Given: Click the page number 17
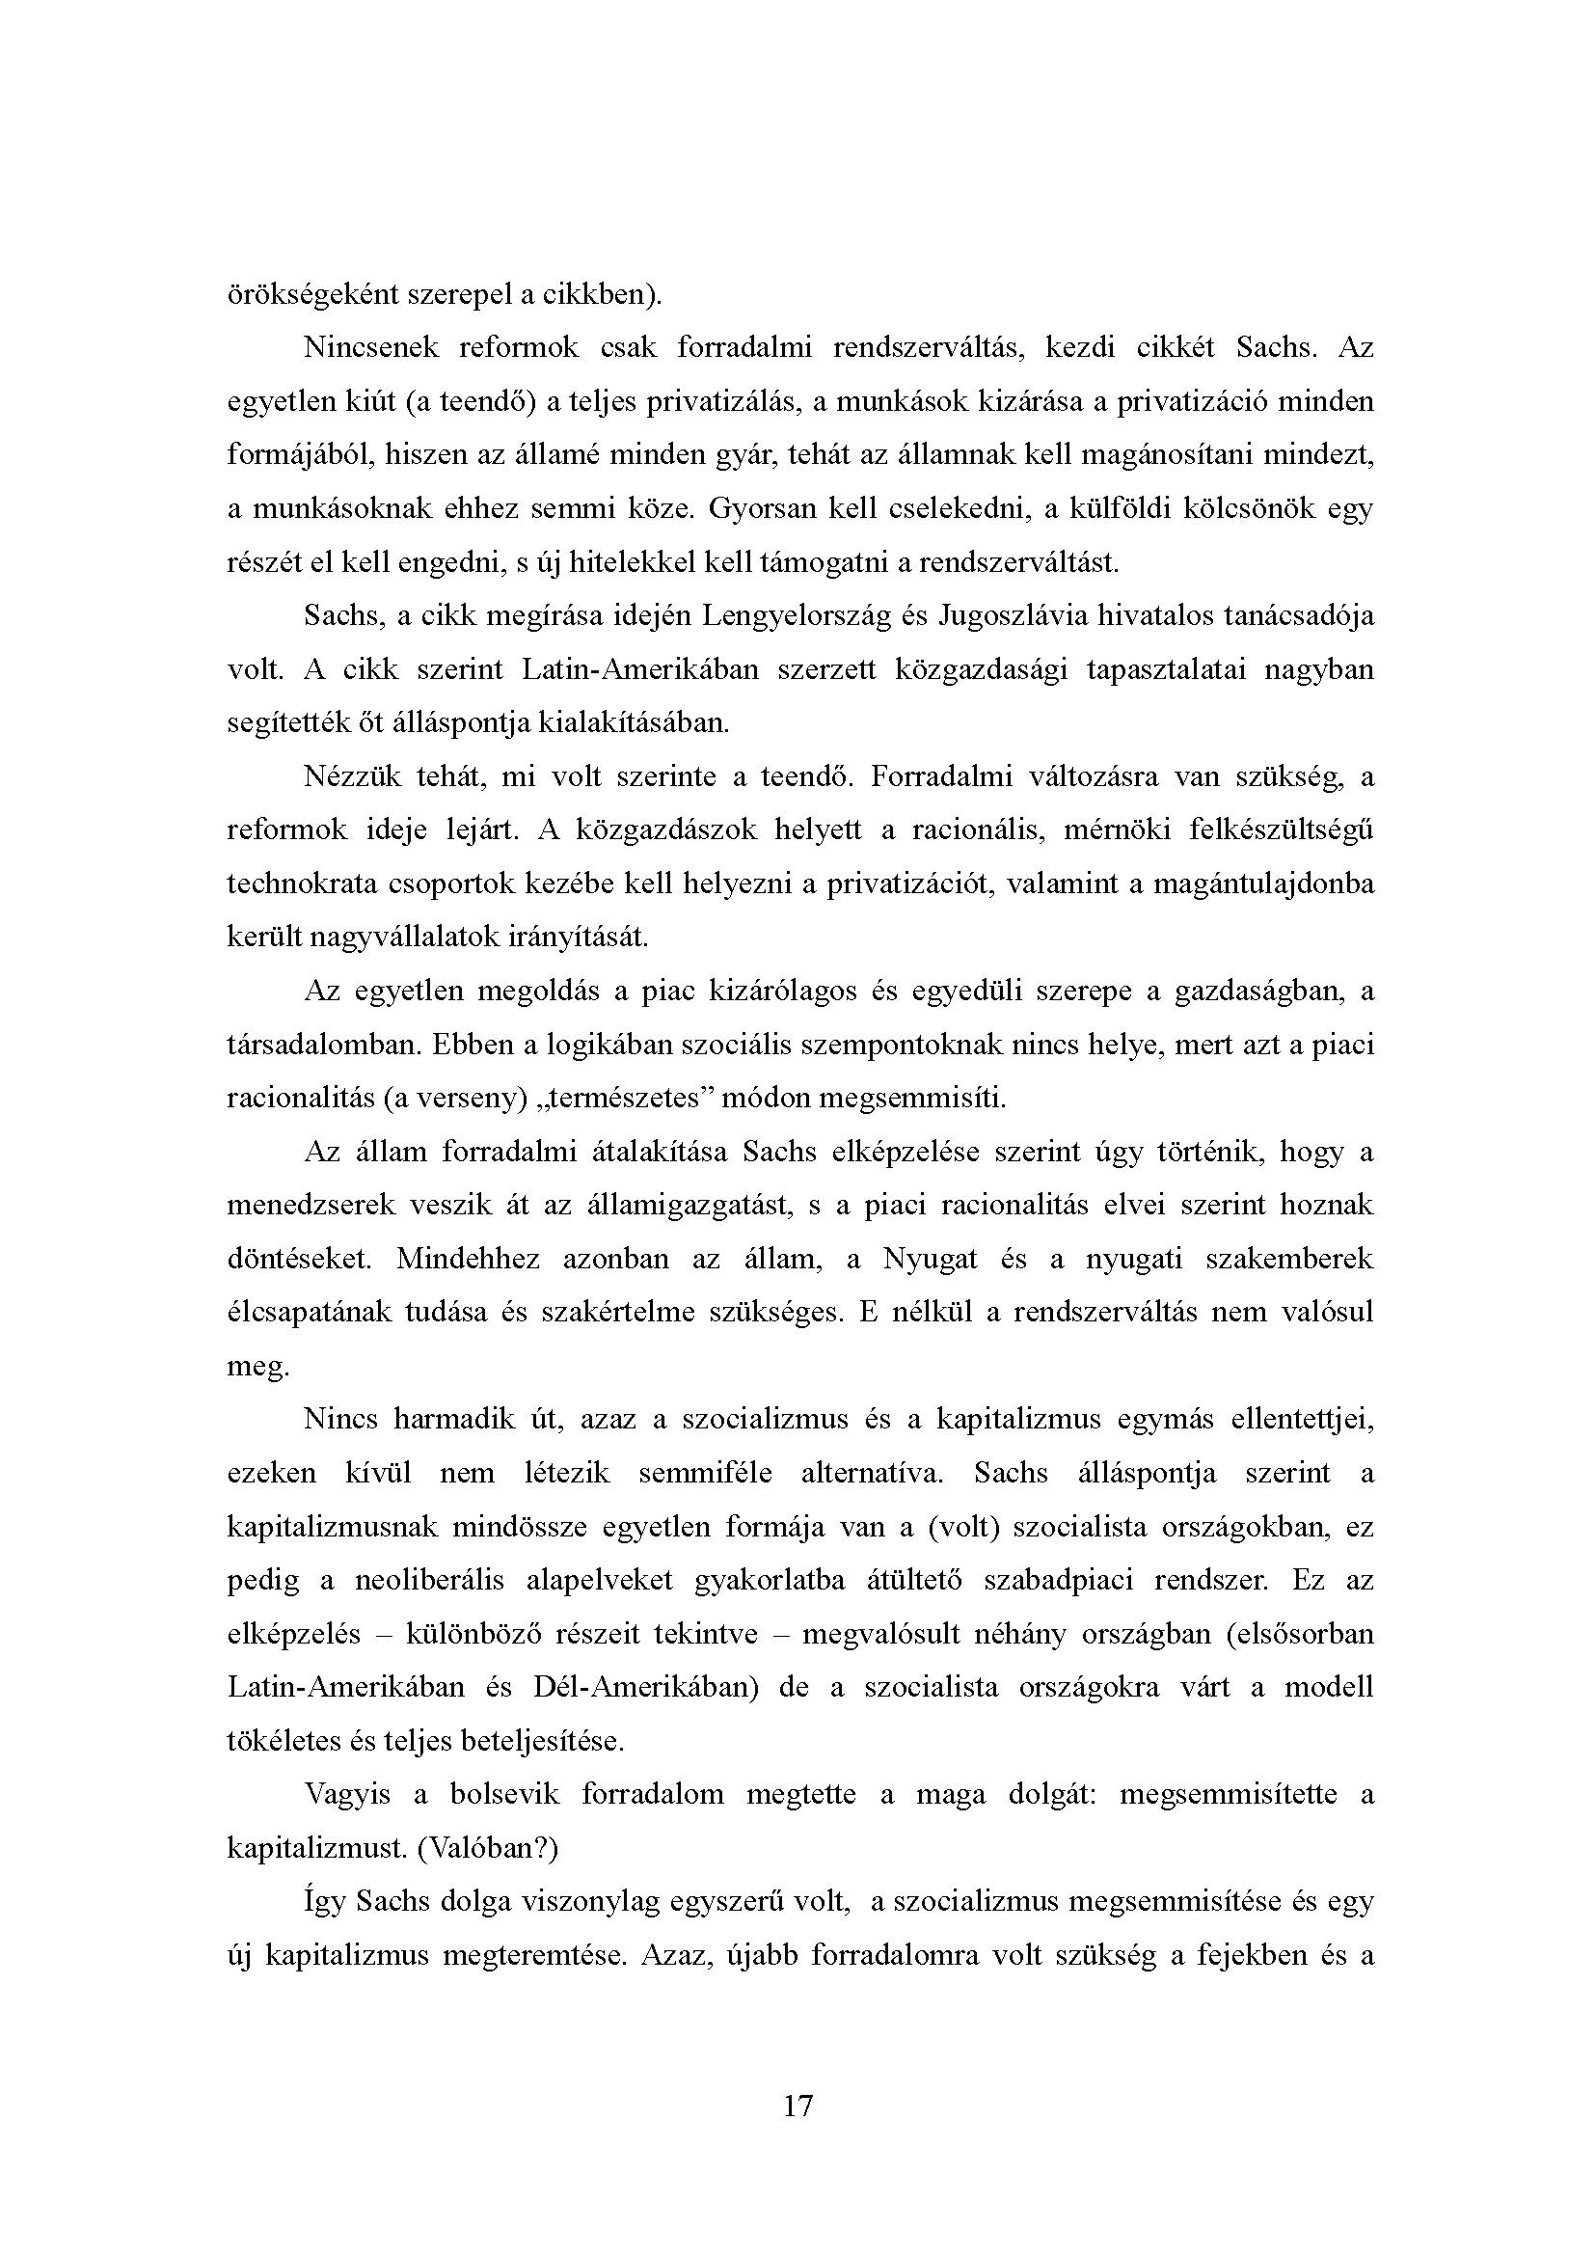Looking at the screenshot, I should [x=797, y=2105].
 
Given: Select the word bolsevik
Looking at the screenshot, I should [x=503, y=1795].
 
